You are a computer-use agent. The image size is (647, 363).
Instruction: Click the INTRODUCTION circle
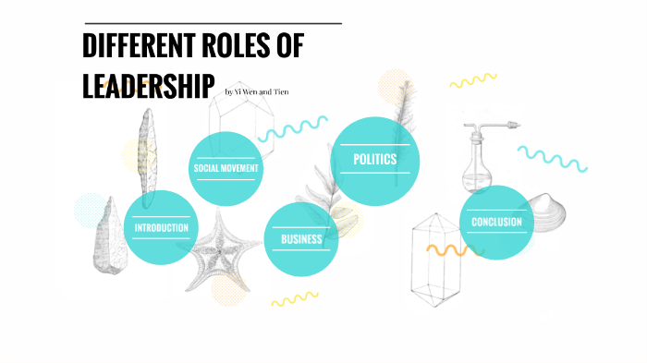coord(161,227)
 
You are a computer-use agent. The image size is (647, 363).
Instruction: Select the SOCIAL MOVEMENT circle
coord(225,168)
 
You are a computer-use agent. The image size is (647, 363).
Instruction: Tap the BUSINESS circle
coord(301,239)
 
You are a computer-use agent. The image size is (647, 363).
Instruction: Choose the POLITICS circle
coord(374,160)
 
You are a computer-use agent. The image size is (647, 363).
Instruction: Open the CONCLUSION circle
coord(496,223)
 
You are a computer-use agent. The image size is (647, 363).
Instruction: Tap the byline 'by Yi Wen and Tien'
coord(257,91)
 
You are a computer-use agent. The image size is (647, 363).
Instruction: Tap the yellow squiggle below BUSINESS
coord(294,298)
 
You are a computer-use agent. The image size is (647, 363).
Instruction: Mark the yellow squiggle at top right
coord(473,80)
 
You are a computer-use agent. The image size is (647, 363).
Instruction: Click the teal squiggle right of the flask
coord(553,158)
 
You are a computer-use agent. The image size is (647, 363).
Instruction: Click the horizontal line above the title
coord(213,23)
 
